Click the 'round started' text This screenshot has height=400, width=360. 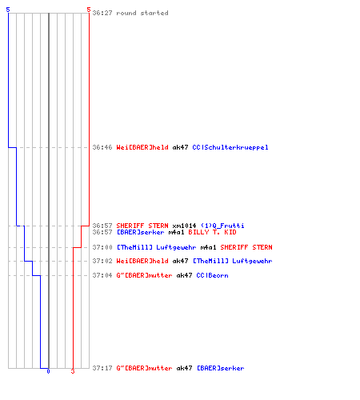click(x=142, y=13)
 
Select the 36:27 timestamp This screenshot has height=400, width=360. click(x=102, y=13)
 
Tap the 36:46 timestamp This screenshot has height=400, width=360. click(x=102, y=147)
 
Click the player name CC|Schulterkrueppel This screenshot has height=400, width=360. click(x=230, y=147)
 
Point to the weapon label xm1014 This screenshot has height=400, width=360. click(x=184, y=226)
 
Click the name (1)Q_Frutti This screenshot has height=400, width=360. click(x=222, y=226)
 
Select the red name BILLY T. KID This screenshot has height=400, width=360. click(x=212, y=232)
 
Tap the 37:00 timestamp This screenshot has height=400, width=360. click(x=102, y=247)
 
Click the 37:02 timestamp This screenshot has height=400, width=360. click(x=102, y=261)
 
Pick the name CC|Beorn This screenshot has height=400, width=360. click(x=212, y=275)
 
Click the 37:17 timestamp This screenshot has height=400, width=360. click(x=102, y=368)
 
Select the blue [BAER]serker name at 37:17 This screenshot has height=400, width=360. click(x=221, y=368)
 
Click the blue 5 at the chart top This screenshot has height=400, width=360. click(x=8, y=10)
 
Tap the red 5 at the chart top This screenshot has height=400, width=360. click(x=89, y=10)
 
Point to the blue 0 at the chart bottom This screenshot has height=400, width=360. click(x=48, y=371)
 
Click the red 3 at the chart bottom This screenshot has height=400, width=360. click(x=73, y=371)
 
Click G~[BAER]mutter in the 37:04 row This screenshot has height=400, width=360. click(x=144, y=275)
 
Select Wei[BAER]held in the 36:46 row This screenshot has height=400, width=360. click(x=142, y=147)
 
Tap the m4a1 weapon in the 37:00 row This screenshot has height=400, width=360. click(x=208, y=247)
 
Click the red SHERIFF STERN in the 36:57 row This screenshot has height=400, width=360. click(x=142, y=226)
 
